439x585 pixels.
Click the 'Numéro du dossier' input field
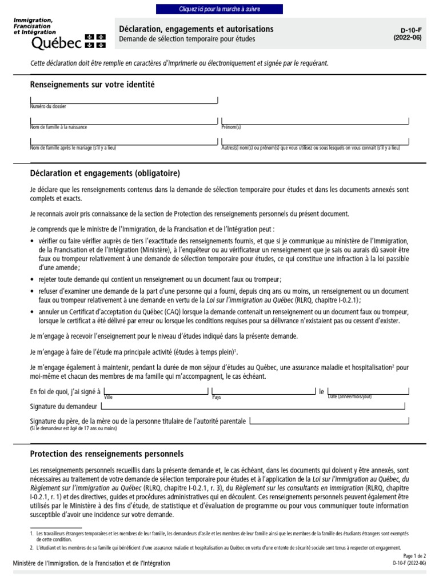[x=123, y=99]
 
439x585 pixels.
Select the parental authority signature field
[x=329, y=421]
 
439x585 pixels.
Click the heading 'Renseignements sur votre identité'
[x=92, y=85]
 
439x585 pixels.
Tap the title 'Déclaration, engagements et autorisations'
[x=196, y=29]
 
